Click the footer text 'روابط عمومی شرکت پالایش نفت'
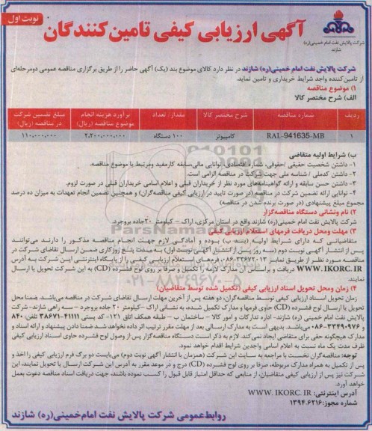point(247,417)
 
